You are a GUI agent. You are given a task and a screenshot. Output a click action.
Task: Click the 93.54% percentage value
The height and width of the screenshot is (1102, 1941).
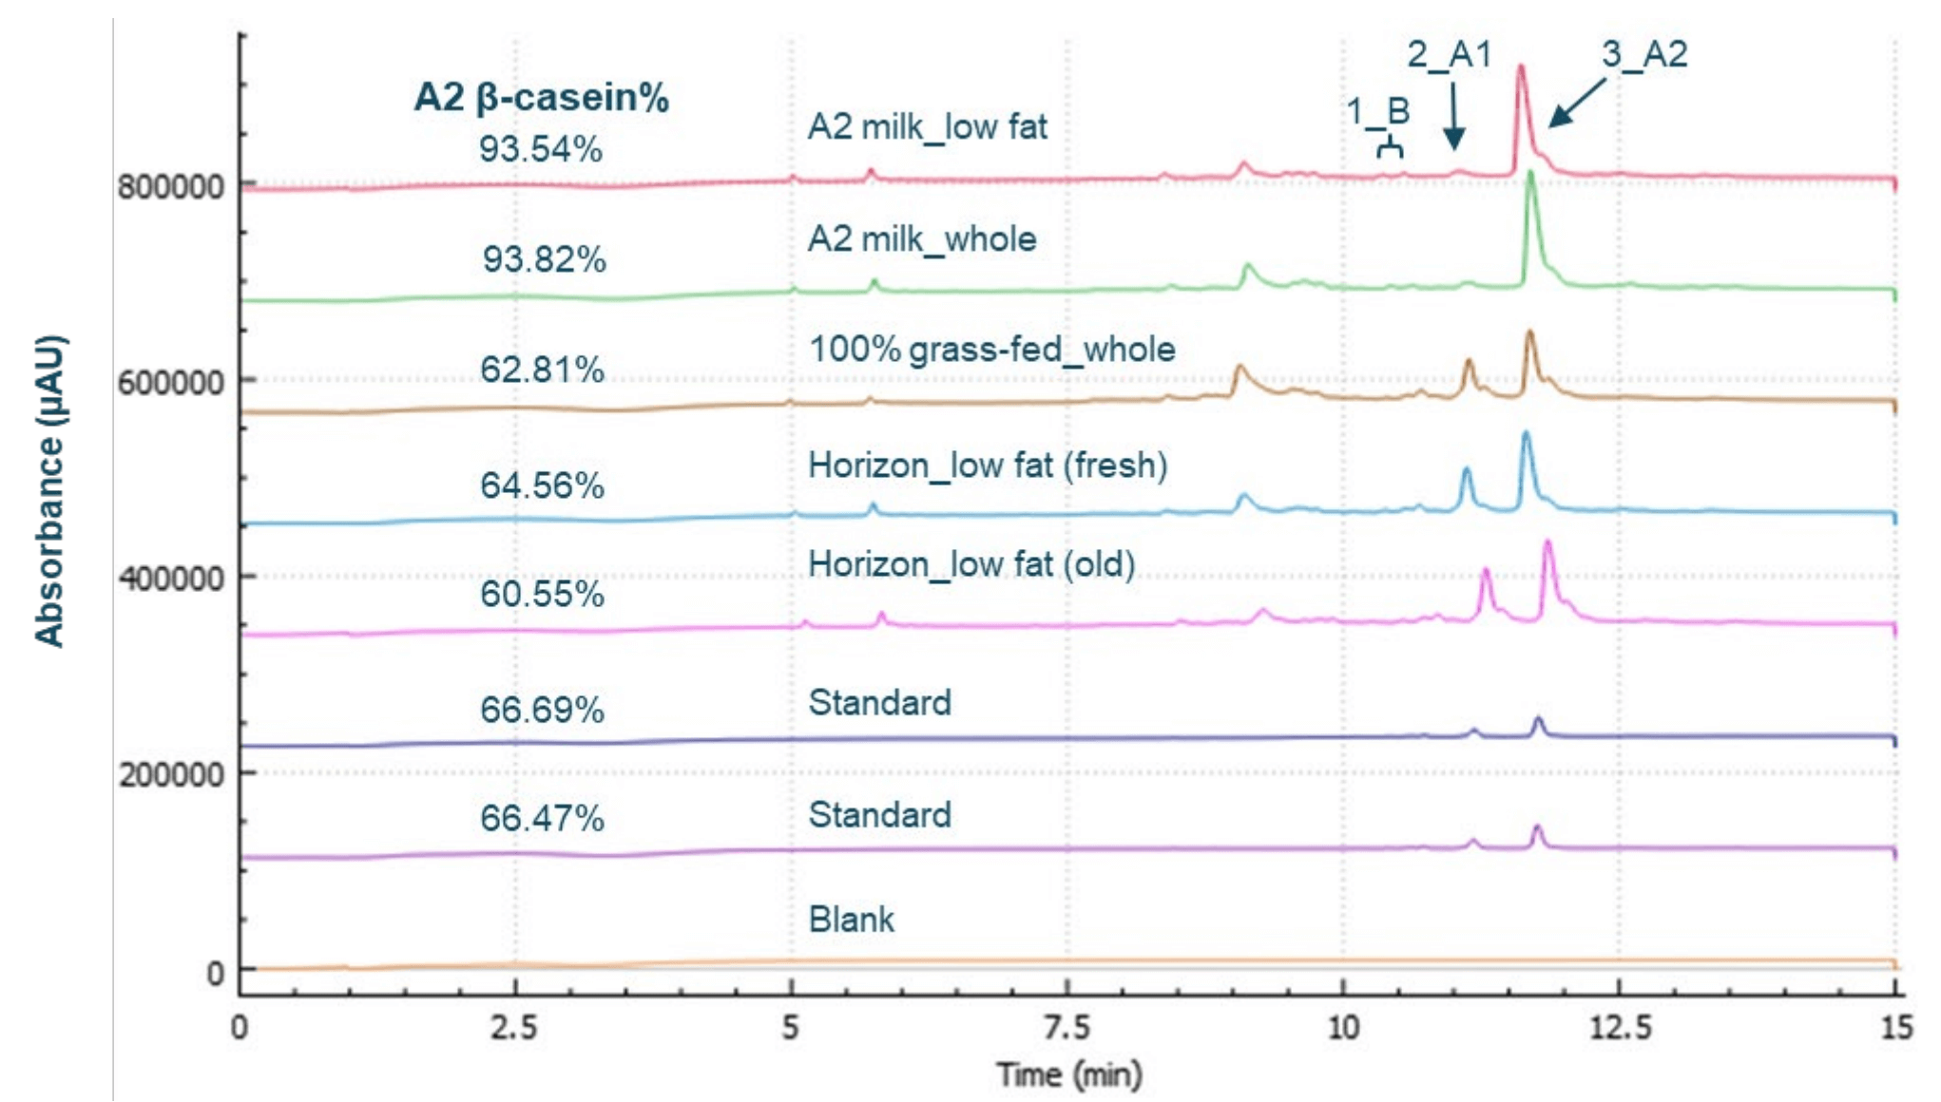[x=540, y=149]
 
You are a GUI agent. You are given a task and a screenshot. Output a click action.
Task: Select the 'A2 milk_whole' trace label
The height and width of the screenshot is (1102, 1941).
[x=921, y=238]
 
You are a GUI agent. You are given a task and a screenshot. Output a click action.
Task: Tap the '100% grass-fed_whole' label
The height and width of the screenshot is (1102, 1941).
[x=991, y=350]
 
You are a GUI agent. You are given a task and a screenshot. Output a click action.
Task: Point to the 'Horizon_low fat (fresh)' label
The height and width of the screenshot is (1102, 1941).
[x=987, y=465]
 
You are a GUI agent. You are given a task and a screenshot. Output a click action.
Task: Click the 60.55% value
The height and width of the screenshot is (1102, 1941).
[x=542, y=594]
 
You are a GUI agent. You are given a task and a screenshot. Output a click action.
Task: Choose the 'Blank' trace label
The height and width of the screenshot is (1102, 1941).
[x=851, y=920]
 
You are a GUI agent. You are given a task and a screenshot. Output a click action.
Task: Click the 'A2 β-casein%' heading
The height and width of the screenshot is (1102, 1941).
[x=541, y=97]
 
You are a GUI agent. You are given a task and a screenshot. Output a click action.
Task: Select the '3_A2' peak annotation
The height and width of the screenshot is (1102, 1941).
[x=1643, y=54]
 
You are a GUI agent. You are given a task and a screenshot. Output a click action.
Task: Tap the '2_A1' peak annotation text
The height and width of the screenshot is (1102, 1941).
[x=1449, y=54]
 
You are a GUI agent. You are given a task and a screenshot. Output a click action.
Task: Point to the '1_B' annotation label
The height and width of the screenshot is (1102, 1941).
[x=1377, y=112]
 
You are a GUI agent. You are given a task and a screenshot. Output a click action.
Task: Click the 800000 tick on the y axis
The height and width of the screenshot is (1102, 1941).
[x=171, y=186]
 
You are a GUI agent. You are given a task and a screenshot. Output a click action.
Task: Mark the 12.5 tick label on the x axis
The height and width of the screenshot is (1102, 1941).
[x=1620, y=1027]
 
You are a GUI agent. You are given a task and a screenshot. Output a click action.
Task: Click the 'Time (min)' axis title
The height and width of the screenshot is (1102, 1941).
[x=1068, y=1075]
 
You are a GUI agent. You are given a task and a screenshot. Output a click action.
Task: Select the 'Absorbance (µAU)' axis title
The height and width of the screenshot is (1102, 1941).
[x=49, y=491]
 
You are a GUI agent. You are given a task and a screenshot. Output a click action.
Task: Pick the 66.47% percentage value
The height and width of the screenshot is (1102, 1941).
[x=542, y=818]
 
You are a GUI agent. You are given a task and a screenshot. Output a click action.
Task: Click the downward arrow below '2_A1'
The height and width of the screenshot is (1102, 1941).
[x=1452, y=119]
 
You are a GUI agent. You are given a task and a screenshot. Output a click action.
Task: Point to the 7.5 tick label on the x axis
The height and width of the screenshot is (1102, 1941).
[x=1067, y=1027]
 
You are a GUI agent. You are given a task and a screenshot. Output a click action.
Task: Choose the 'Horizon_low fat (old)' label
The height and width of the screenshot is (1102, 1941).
[x=970, y=564]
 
